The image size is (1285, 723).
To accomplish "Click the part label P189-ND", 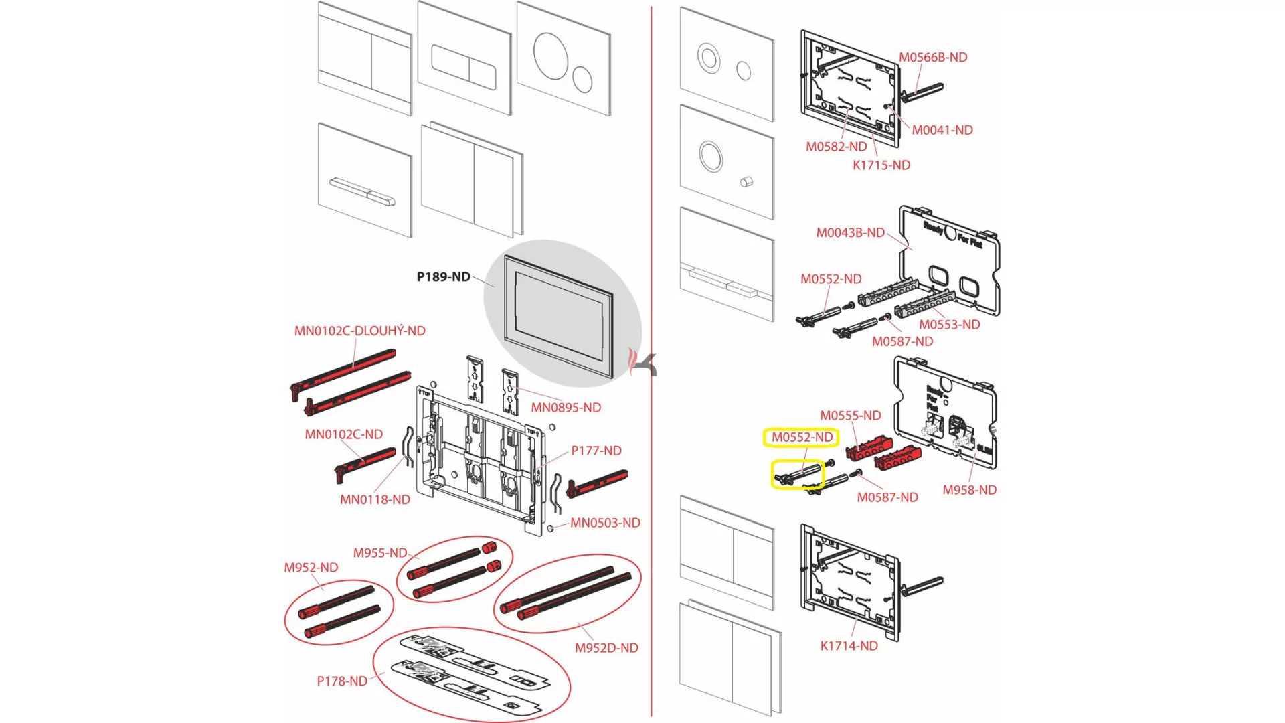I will (443, 277).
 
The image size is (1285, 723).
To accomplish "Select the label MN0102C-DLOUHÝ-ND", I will (359, 331).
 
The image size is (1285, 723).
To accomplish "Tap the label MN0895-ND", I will (566, 408).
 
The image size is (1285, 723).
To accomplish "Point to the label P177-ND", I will (596, 451).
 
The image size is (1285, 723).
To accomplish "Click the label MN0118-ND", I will (375, 499).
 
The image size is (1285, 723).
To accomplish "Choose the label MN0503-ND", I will (605, 523).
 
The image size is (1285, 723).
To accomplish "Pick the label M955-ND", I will (379, 553).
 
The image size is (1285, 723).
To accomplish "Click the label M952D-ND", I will (606, 648).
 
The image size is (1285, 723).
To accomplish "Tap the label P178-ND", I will (342, 681).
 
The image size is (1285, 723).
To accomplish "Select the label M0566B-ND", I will (932, 58).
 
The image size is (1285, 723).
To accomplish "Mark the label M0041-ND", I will (942, 130).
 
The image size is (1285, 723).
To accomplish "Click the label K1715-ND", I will (881, 165).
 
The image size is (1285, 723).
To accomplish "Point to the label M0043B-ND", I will (850, 233).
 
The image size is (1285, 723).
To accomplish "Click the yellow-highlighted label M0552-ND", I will (802, 437).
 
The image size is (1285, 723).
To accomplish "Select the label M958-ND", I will (969, 490).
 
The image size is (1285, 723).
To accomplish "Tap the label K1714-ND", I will (849, 646).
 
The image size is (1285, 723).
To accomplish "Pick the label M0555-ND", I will (850, 416).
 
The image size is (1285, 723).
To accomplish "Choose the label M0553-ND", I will (949, 325).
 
